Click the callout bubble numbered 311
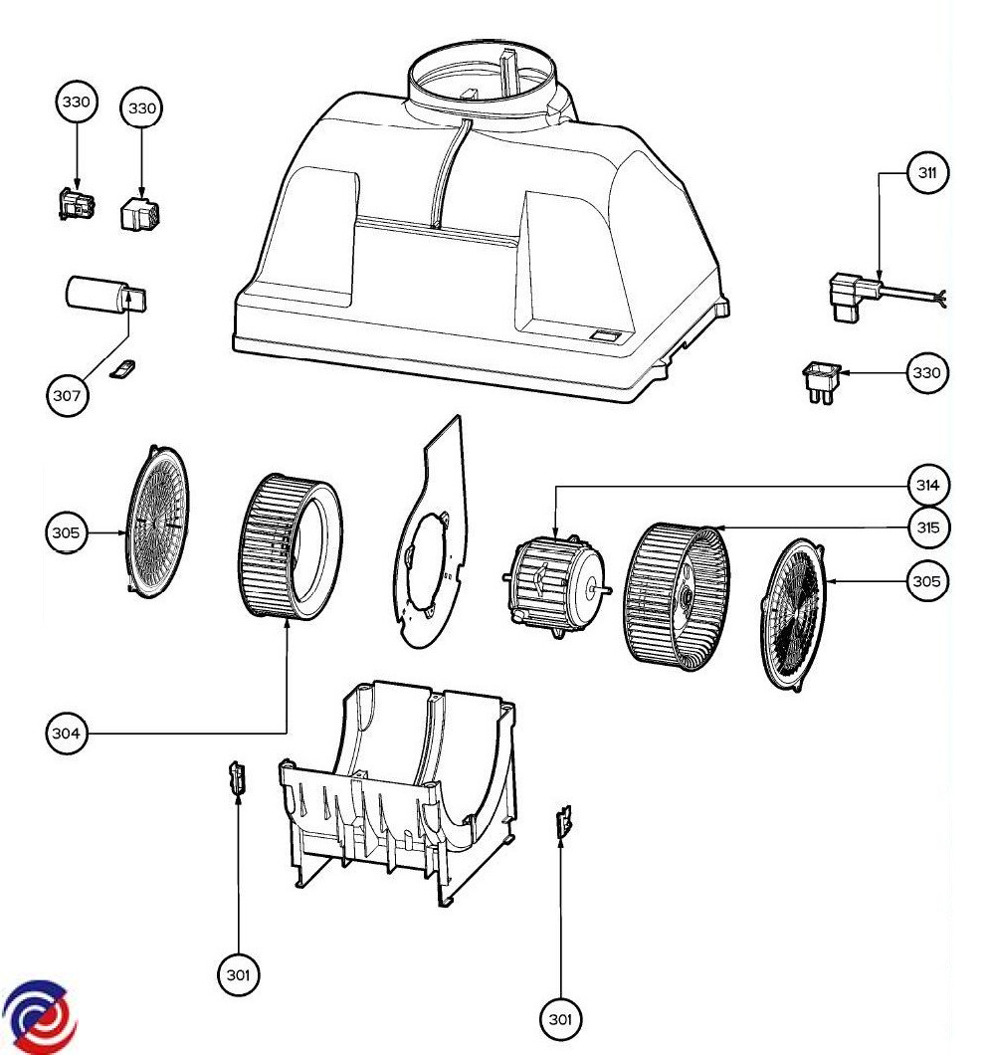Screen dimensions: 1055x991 pyautogui.click(x=926, y=173)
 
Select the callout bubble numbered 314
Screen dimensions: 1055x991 pyautogui.click(x=926, y=486)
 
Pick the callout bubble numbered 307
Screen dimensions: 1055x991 pyautogui.click(x=68, y=395)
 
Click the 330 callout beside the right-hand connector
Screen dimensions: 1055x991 pyautogui.click(x=926, y=373)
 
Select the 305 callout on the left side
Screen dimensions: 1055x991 pyautogui.click(x=68, y=532)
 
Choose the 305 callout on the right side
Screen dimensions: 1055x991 pyautogui.click(x=926, y=580)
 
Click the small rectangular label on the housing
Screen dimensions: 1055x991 pyautogui.click(x=606, y=336)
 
